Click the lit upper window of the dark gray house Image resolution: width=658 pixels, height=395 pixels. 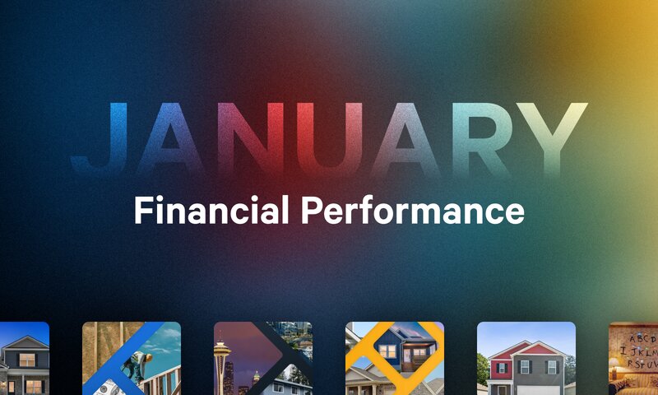click(x=26, y=359)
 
